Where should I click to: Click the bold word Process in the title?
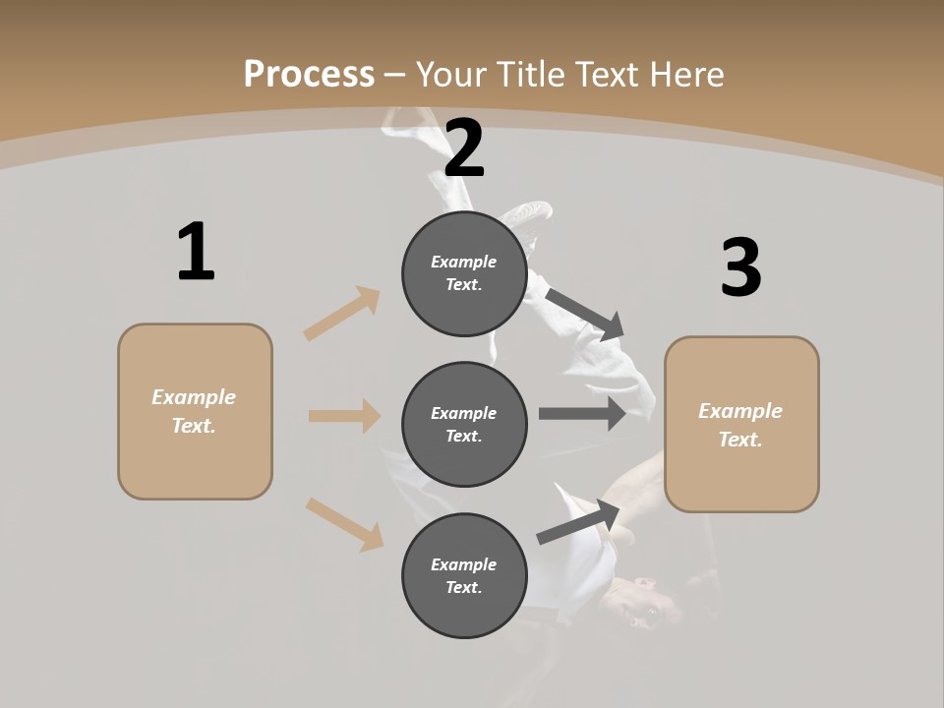pos(309,74)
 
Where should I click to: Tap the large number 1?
pos(196,252)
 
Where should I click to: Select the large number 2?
pos(464,148)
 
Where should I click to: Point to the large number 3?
pos(740,267)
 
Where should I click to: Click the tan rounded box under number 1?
pos(195,411)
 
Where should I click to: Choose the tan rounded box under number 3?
pos(741,425)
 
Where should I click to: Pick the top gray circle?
pos(464,273)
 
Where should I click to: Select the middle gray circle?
pos(464,425)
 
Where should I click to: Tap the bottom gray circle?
pos(464,576)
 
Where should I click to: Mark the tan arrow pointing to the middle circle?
pos(344,416)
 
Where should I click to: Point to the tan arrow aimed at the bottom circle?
pos(344,523)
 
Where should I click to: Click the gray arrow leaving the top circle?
pos(585,313)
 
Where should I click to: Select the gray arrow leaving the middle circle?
pos(582,414)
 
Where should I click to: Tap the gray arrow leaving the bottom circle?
pos(579,521)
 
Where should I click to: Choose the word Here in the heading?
pos(689,74)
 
